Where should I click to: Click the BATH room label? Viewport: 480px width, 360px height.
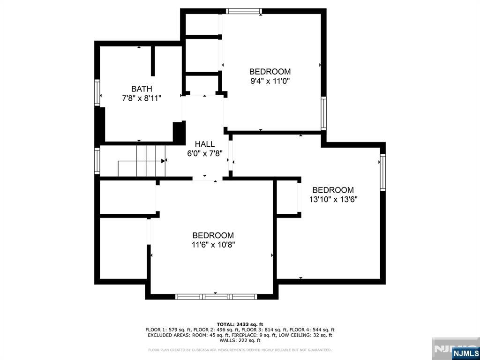point(142,89)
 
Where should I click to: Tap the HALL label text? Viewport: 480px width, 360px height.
point(205,144)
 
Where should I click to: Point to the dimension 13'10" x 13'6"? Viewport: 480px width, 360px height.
point(333,200)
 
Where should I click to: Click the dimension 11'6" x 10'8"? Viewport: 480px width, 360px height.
point(213,245)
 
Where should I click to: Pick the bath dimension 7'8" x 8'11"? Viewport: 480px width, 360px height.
point(142,98)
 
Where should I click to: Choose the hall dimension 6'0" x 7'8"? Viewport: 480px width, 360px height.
point(205,153)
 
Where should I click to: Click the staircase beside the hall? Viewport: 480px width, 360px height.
point(142,161)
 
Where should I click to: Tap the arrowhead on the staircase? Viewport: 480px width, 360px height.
point(163,160)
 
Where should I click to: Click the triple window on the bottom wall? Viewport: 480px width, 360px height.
point(216,296)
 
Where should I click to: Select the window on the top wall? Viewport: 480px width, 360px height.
point(244,11)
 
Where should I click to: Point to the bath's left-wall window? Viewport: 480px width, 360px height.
point(97,93)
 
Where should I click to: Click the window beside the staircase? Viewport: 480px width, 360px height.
point(97,161)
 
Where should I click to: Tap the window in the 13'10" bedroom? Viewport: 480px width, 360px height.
point(382,172)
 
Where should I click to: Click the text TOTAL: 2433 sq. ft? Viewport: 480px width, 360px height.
point(240,324)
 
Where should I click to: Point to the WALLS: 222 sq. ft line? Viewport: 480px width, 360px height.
point(240,340)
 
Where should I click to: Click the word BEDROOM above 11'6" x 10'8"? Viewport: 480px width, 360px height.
point(213,235)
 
